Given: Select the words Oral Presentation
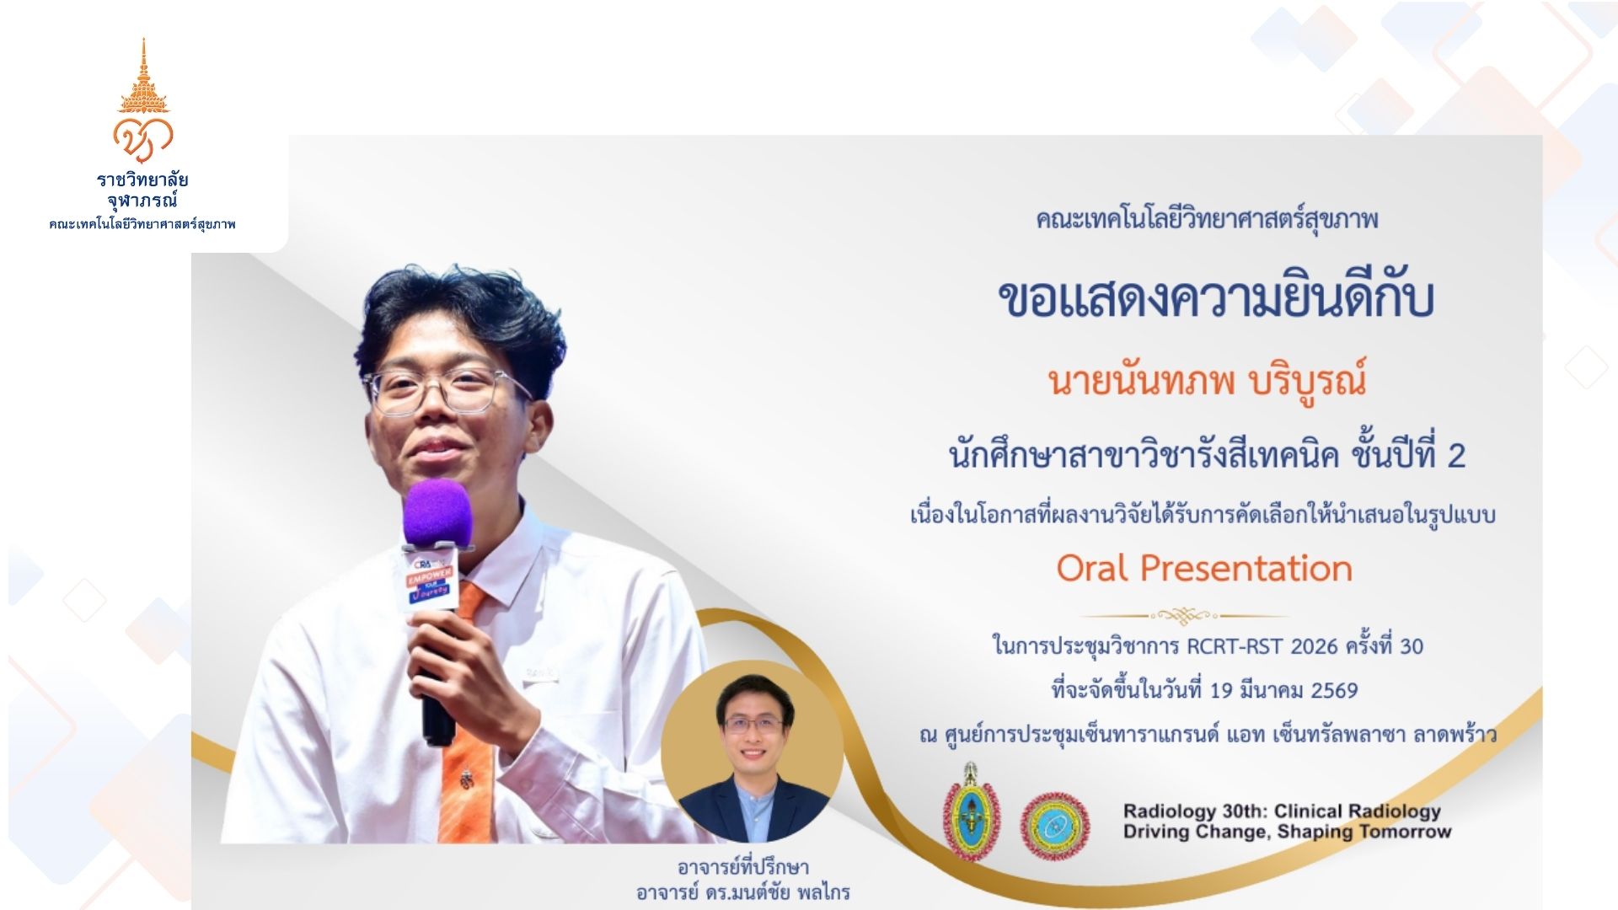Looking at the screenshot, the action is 1204,568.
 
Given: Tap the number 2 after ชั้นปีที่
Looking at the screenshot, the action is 1456,456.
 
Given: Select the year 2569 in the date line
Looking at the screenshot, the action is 1335,690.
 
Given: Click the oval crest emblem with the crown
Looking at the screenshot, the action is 971,811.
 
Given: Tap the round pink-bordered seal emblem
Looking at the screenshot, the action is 1055,825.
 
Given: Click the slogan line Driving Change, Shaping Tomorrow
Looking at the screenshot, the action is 1287,832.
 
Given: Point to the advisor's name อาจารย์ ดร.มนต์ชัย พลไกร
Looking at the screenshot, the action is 742,891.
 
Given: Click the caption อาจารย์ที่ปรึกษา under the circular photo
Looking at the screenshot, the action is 742,866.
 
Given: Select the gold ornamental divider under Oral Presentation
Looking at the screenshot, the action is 1184,616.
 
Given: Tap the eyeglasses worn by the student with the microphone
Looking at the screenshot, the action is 447,391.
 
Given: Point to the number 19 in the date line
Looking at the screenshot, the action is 1221,690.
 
